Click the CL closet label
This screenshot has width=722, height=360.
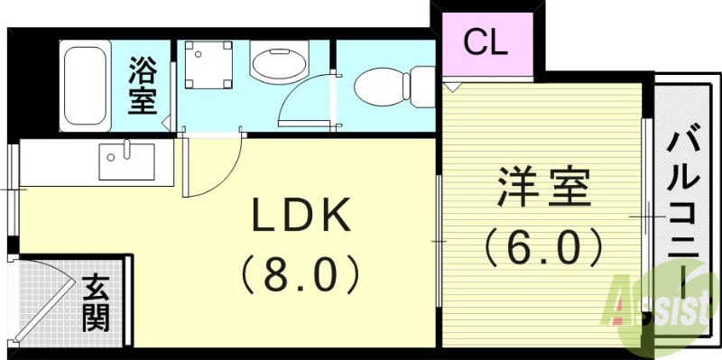click(486, 42)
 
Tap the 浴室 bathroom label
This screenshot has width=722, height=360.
click(142, 86)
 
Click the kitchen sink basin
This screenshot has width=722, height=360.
click(127, 163)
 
